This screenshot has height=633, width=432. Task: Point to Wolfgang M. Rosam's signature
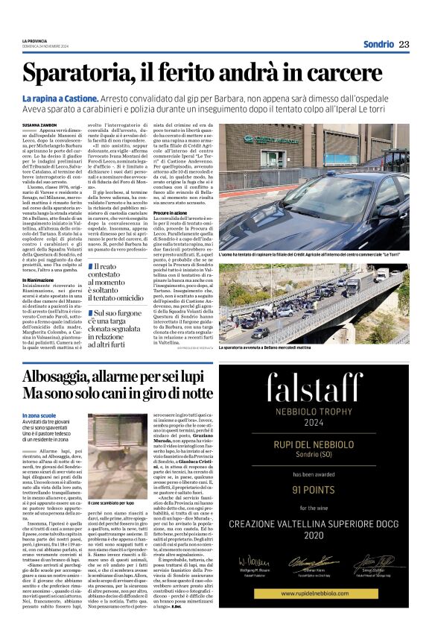pyautogui.click(x=252, y=561)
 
